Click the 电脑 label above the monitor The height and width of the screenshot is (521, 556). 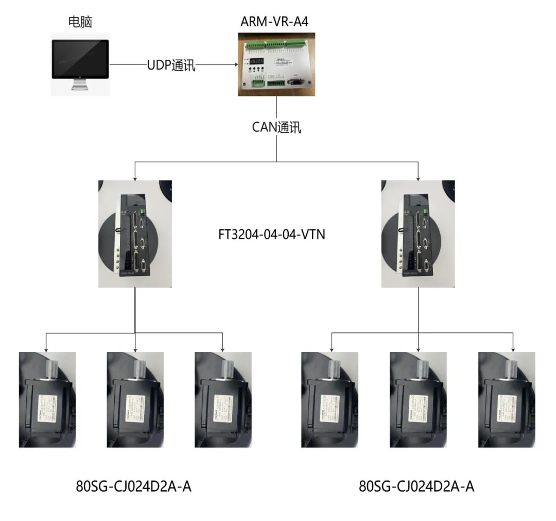tap(80, 22)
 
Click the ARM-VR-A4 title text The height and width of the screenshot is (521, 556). tap(277, 22)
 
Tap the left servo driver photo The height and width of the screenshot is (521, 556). tap(135, 233)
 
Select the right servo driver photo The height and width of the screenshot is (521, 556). tap(418, 233)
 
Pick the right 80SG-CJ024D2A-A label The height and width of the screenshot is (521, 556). tap(416, 486)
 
